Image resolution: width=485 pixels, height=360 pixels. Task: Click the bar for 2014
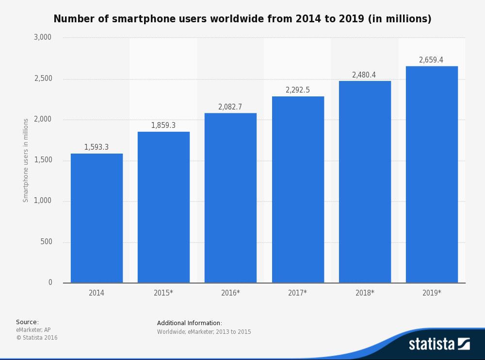click(x=97, y=218)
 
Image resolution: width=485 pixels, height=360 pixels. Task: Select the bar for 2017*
click(x=298, y=189)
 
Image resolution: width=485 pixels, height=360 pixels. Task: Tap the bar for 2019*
click(x=432, y=174)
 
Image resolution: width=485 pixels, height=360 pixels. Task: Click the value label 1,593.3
click(x=97, y=147)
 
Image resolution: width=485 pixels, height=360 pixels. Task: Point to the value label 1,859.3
click(x=163, y=125)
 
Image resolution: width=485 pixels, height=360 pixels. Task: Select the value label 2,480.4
click(x=364, y=75)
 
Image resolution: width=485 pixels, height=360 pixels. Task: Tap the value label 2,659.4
click(x=431, y=60)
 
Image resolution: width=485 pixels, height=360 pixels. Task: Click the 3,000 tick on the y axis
click(x=43, y=37)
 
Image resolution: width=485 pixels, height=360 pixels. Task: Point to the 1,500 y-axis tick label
click(x=43, y=160)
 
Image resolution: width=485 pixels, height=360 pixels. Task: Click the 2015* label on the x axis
click(x=163, y=293)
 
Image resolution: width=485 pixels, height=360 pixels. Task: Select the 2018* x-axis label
click(x=365, y=293)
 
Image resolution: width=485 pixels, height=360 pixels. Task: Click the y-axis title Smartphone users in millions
click(x=26, y=160)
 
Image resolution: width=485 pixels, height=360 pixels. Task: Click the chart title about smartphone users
click(x=242, y=19)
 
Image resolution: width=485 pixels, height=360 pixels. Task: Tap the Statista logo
click(x=439, y=344)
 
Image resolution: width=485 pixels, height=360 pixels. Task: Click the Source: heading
click(x=27, y=322)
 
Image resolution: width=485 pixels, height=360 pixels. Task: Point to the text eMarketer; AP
click(x=33, y=330)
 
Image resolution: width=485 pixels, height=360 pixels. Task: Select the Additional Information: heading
click(x=190, y=323)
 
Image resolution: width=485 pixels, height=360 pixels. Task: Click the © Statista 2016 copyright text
click(x=37, y=338)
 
